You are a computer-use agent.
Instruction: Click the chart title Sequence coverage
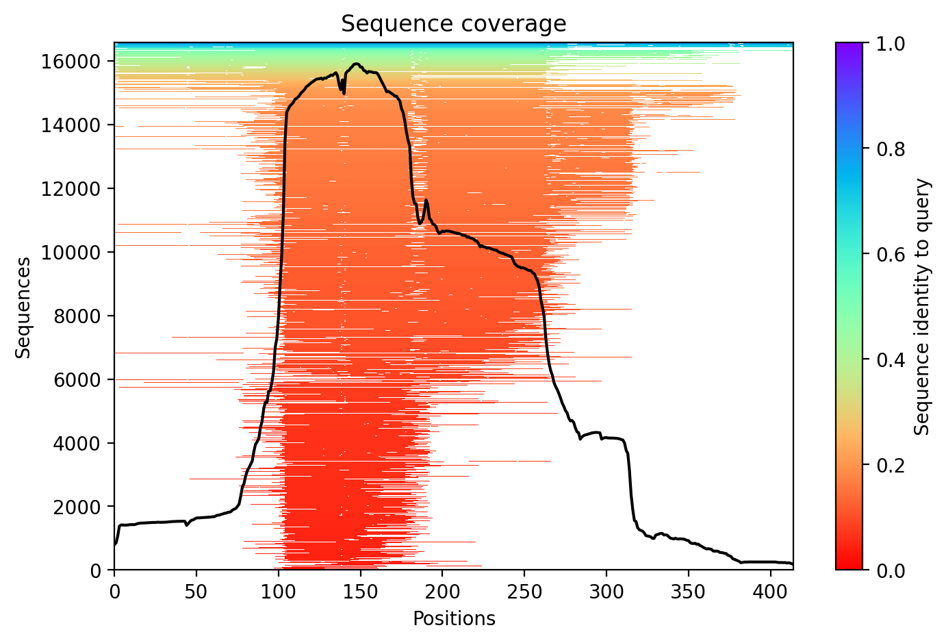pyautogui.click(x=453, y=24)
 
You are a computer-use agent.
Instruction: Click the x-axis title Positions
pyautogui.click(x=453, y=619)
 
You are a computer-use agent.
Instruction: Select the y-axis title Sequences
pyautogui.click(x=24, y=307)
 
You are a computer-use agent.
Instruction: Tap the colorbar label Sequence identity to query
pyautogui.click(x=923, y=307)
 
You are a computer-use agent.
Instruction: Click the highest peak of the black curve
pyautogui.click(x=356, y=64)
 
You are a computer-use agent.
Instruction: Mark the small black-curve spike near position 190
pyautogui.click(x=426, y=200)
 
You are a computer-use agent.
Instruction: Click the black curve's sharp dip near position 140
pyautogui.click(x=344, y=93)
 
